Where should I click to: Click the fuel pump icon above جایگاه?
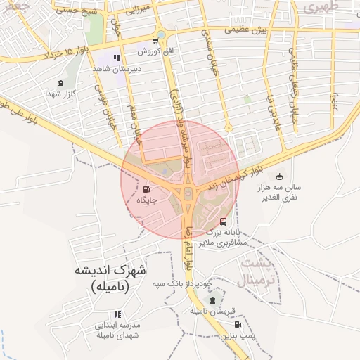[146, 188]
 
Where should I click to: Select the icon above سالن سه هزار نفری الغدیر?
[280, 176]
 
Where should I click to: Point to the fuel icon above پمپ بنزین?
[238, 325]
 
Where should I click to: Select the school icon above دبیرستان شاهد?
[117, 58]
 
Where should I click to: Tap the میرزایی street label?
[132, 11]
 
